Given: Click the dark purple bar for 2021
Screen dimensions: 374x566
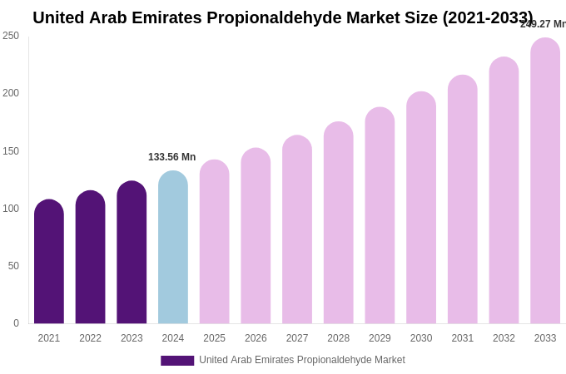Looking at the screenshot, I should tap(49, 262).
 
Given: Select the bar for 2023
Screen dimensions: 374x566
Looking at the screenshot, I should tap(132, 253).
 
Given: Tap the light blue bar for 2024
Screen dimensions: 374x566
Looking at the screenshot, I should tap(173, 248).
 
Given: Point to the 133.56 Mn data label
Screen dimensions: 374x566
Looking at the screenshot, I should tap(172, 157).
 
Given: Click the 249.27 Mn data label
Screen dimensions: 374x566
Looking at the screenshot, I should tap(543, 24).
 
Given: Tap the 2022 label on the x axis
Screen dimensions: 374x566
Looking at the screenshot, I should tap(91, 338).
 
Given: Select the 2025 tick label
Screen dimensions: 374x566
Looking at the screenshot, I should tap(215, 338).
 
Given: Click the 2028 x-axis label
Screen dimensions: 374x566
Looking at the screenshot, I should tap(339, 338).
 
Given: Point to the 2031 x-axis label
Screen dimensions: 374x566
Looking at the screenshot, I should tap(463, 338).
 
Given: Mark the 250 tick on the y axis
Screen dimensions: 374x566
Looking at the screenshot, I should tap(11, 36).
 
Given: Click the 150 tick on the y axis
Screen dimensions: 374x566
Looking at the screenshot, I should tap(11, 151).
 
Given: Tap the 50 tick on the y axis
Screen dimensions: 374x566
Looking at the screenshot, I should tap(13, 266).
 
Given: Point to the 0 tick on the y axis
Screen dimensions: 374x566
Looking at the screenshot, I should tap(16, 323).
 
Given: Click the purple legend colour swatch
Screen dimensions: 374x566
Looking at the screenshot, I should tap(177, 361).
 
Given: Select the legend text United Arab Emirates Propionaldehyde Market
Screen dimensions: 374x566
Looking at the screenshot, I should tap(302, 360).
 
